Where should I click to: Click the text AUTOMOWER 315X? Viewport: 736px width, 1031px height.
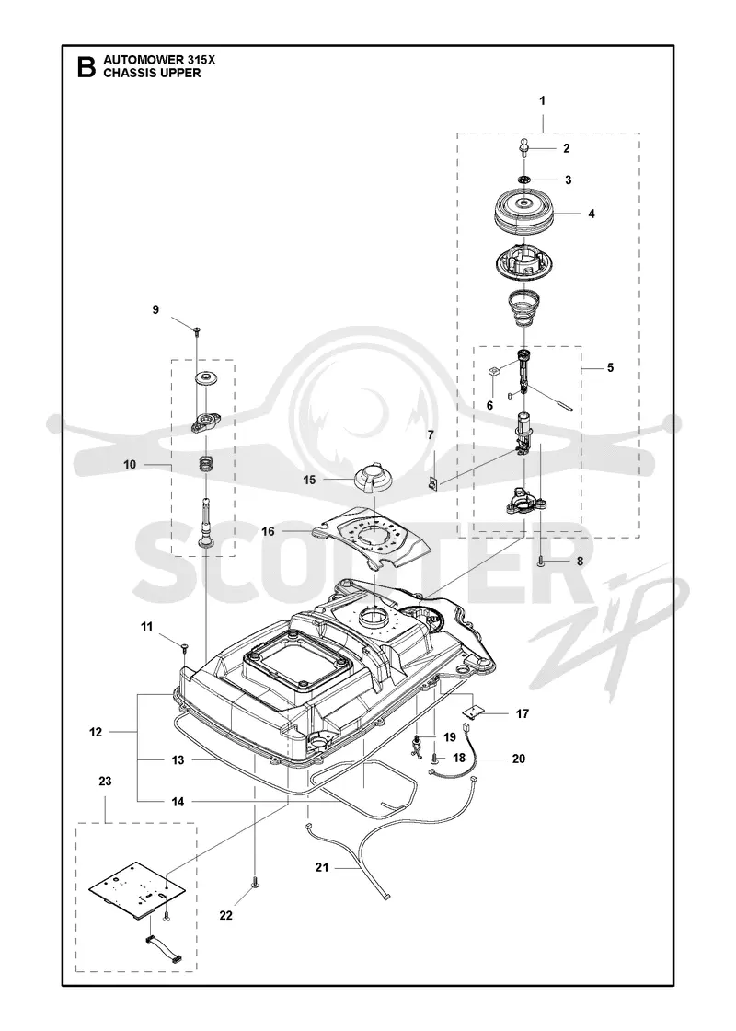point(159,60)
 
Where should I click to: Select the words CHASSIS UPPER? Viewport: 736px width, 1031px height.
point(152,73)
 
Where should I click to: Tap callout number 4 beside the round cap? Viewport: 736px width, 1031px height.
point(592,214)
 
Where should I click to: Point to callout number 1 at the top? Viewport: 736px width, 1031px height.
point(542,100)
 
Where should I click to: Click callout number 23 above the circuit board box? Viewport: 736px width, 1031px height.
point(105,782)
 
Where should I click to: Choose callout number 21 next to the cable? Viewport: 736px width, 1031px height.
point(321,867)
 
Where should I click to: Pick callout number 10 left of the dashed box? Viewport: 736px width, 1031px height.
point(130,464)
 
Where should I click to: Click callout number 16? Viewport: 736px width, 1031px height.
point(268,530)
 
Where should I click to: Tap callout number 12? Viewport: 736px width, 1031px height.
point(96,732)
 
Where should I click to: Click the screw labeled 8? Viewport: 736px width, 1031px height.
point(540,561)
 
